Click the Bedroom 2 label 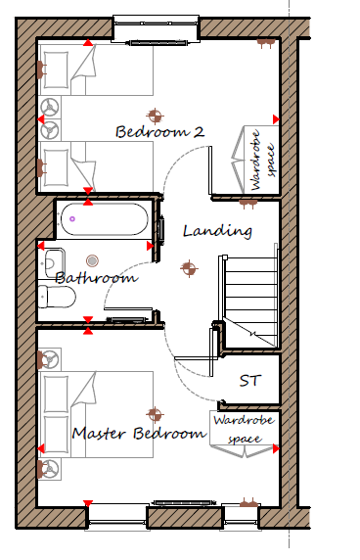pyautogui.click(x=159, y=131)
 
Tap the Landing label pyautogui.click(x=217, y=231)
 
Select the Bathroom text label pyautogui.click(x=96, y=277)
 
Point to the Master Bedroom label pyautogui.click(x=139, y=433)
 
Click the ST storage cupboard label pyautogui.click(x=250, y=381)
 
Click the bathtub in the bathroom pyautogui.click(x=104, y=219)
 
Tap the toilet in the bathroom pyautogui.click(x=57, y=297)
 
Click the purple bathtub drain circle pyautogui.click(x=72, y=219)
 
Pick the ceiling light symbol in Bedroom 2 pyautogui.click(x=155, y=116)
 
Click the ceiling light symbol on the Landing pyautogui.click(x=189, y=268)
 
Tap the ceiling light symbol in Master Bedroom pyautogui.click(x=155, y=414)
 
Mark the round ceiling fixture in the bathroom pyautogui.click(x=92, y=260)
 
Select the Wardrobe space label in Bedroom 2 pyautogui.click(x=262, y=161)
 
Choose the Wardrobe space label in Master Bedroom pyautogui.click(x=244, y=429)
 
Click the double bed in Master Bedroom pyautogui.click(x=96, y=414)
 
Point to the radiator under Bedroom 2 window pyautogui.click(x=157, y=43)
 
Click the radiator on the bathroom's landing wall pyautogui.click(x=161, y=228)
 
